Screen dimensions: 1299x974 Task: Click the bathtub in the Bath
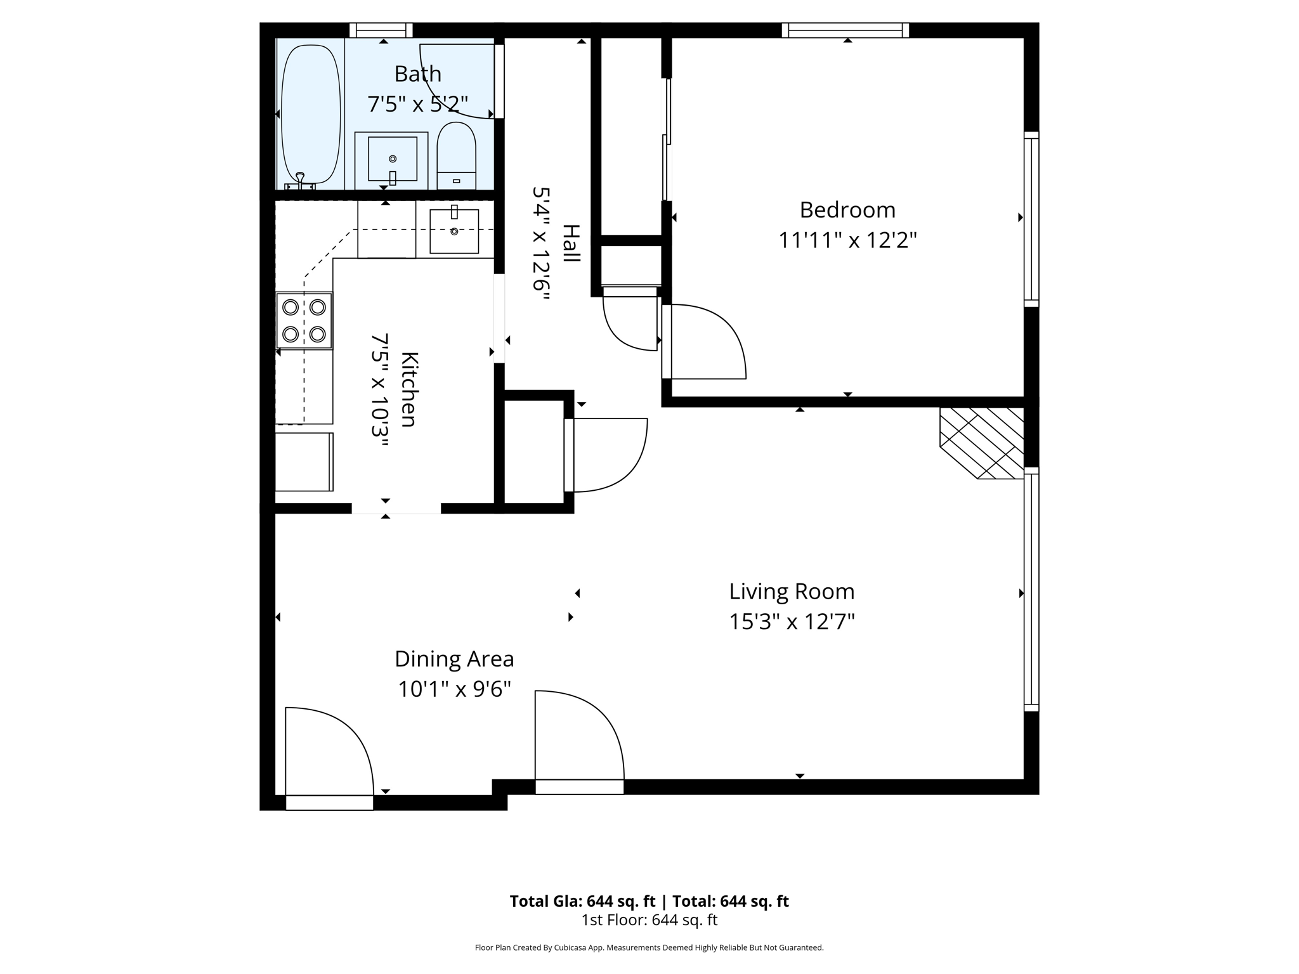pos(311,114)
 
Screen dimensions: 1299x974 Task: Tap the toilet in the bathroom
pos(457,156)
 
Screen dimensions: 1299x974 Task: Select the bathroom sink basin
pos(392,159)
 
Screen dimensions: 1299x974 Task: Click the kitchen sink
pos(454,231)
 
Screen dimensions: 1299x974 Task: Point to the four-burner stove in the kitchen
pos(304,320)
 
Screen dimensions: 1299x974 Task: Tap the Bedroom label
pos(847,210)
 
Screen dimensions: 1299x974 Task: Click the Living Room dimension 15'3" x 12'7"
pos(792,621)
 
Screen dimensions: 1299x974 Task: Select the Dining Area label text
pos(454,659)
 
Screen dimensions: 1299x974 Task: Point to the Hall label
pos(571,243)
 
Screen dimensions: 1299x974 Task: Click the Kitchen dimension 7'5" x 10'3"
pos(379,390)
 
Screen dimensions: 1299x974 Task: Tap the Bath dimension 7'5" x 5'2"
pos(418,103)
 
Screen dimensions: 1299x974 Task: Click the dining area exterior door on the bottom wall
pos(329,758)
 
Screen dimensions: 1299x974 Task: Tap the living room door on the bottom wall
pos(579,742)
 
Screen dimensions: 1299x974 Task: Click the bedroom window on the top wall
pos(845,30)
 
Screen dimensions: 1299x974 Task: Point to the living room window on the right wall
pos(1031,589)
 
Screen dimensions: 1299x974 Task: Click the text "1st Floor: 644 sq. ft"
pos(649,920)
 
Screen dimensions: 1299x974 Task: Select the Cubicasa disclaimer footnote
pos(649,948)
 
